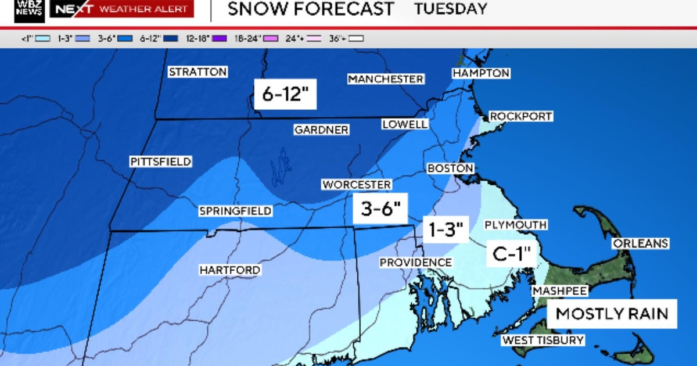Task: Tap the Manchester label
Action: click(386, 78)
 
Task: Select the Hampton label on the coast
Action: click(481, 73)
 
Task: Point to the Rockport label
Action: click(520, 116)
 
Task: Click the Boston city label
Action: click(450, 168)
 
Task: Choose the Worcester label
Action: click(357, 184)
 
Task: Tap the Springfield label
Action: click(235, 211)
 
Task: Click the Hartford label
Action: click(229, 270)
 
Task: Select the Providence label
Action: click(415, 263)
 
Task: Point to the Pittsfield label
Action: click(160, 162)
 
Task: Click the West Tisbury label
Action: click(543, 340)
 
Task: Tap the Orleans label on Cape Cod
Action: click(641, 243)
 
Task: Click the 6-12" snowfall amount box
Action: click(285, 94)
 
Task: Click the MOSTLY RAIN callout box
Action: click(612, 314)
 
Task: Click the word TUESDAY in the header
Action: click(450, 9)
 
